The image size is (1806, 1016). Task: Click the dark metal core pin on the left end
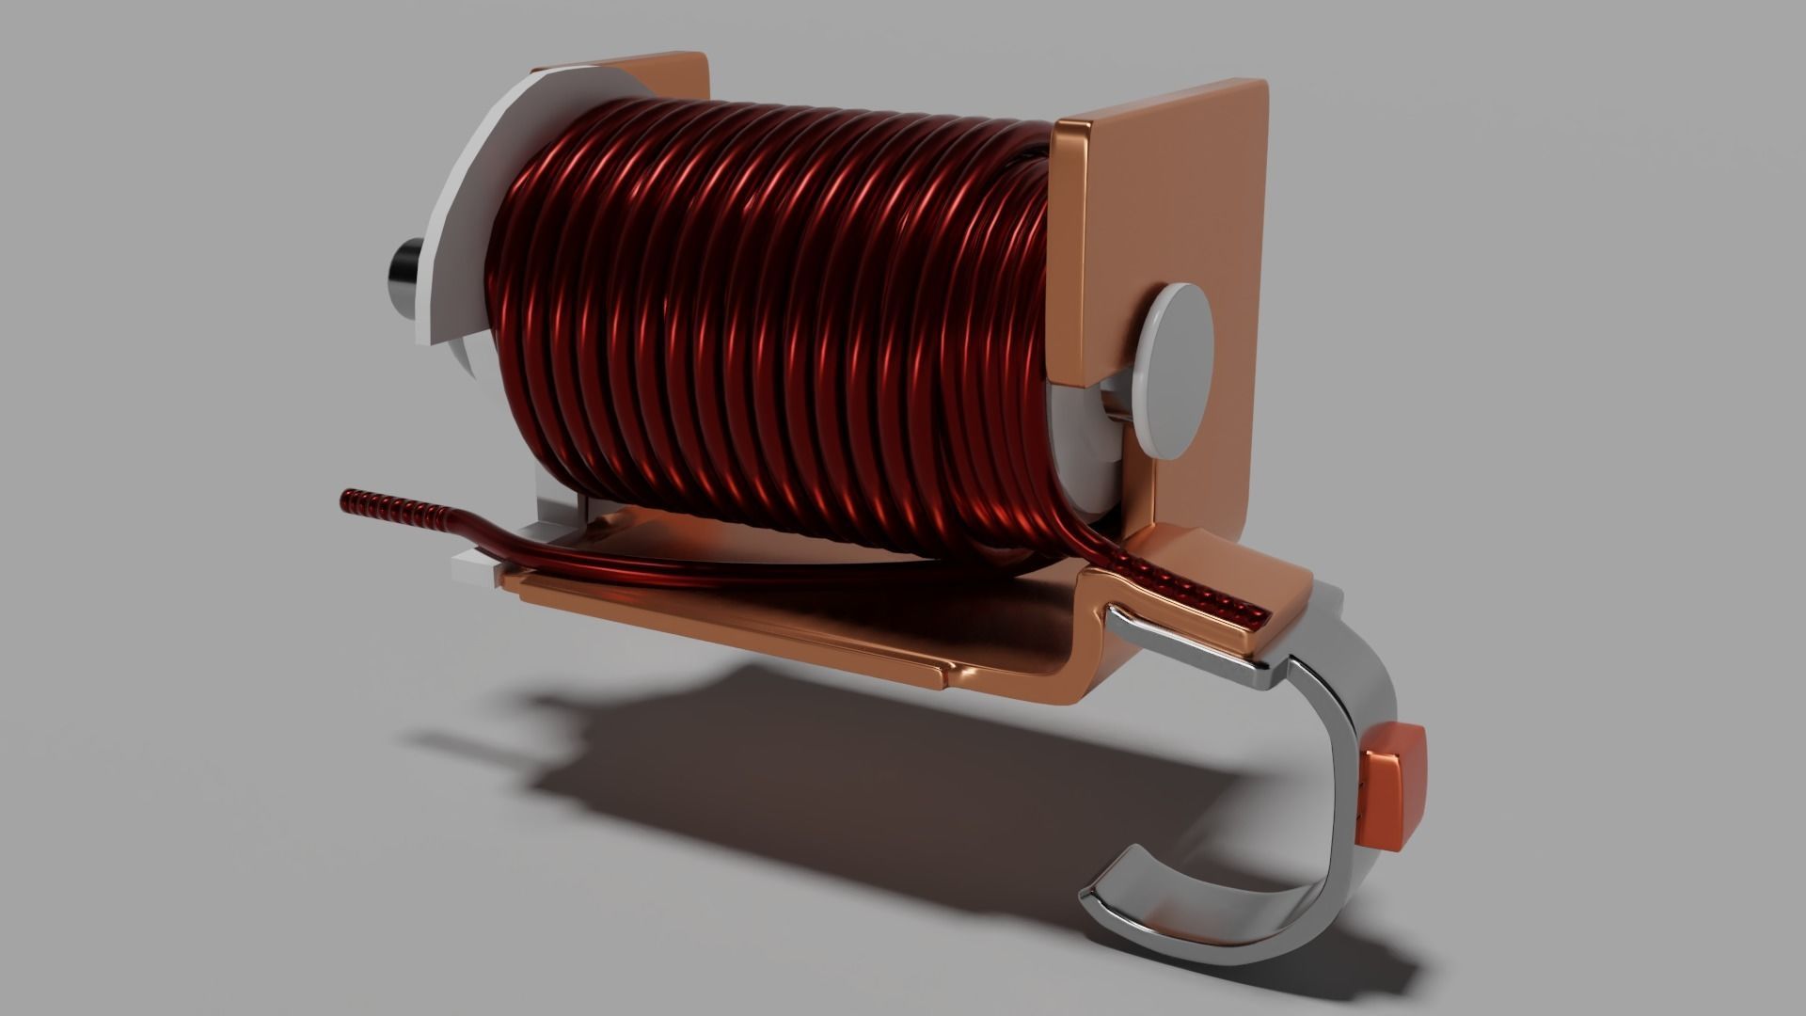(x=404, y=268)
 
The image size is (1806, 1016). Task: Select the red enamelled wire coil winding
(x=771, y=320)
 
